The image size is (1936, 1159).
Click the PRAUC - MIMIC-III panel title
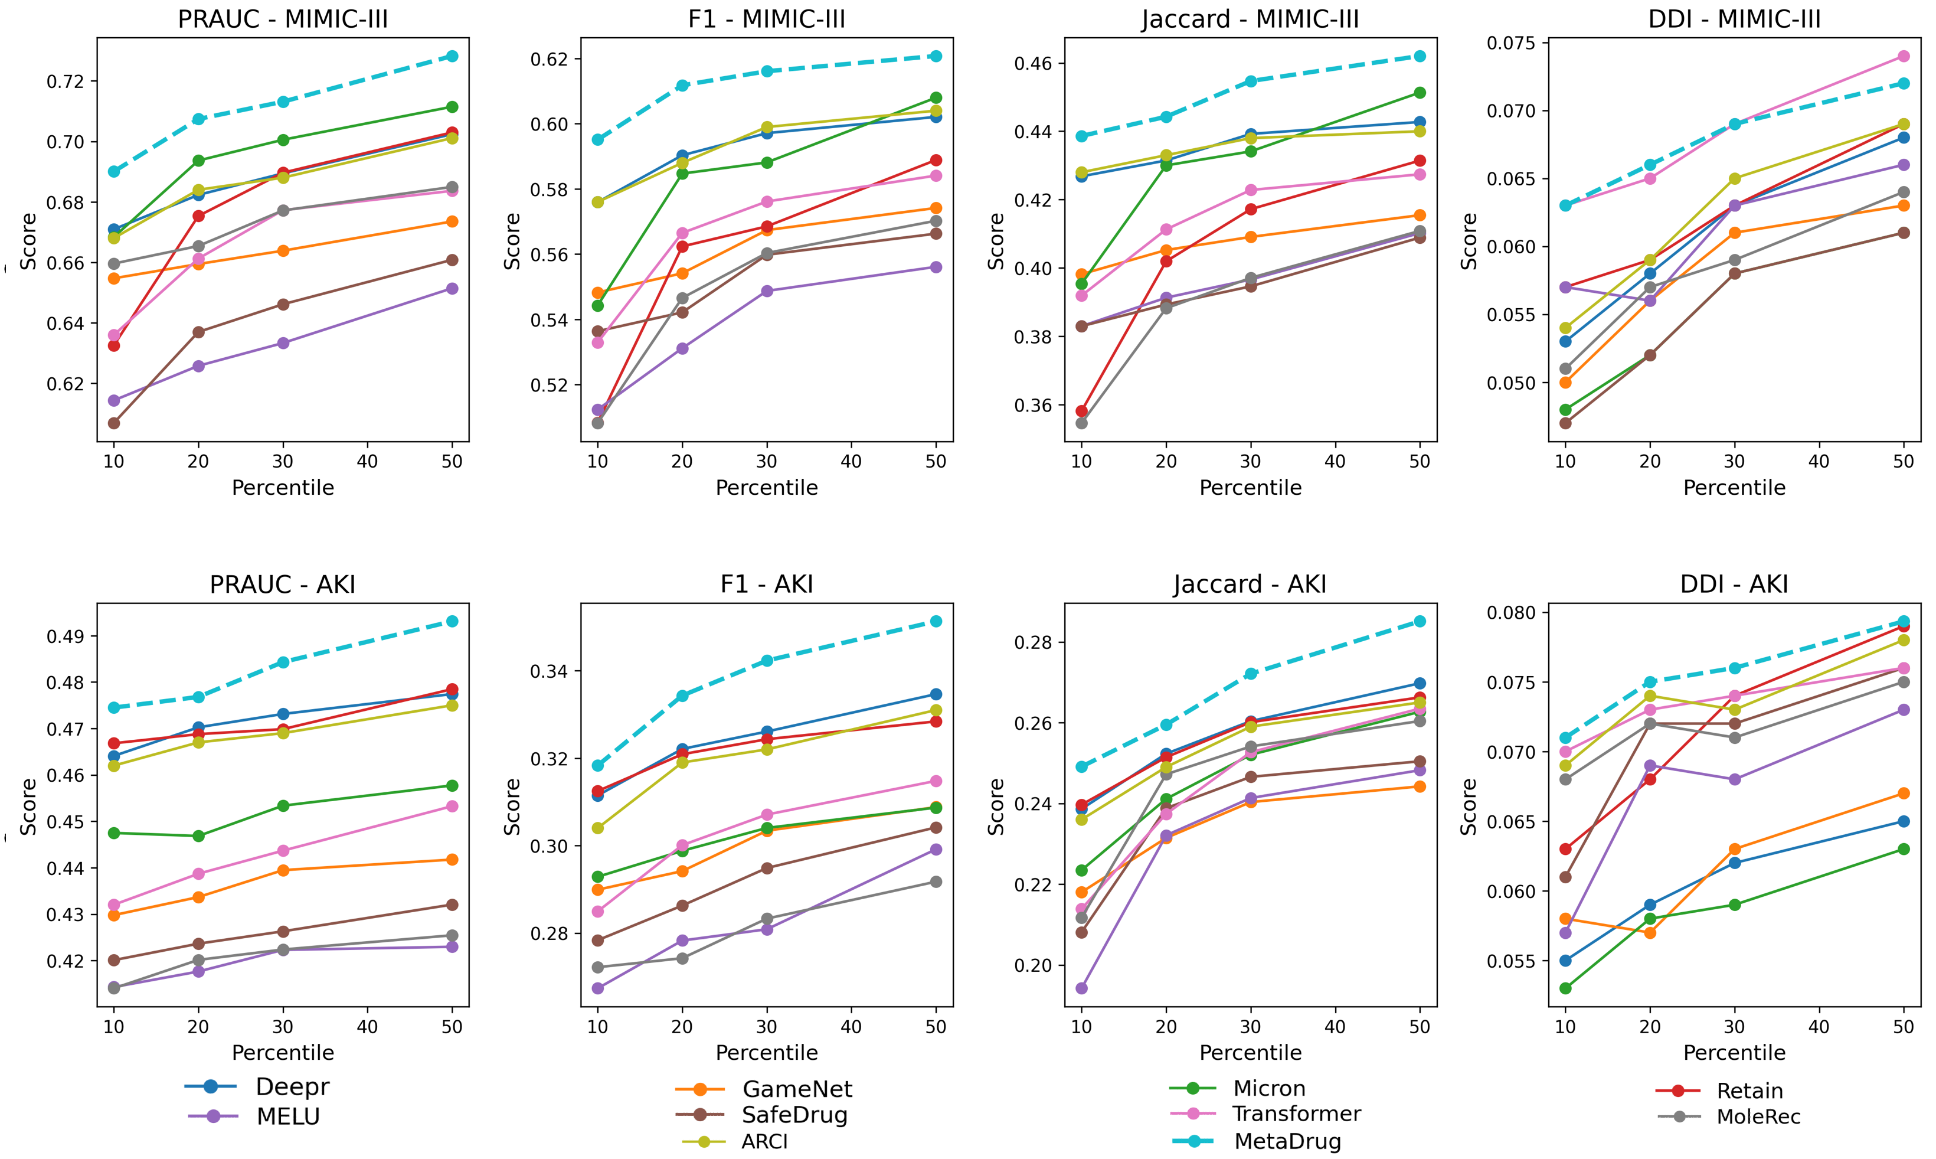(283, 19)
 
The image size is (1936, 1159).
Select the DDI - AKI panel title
(1734, 584)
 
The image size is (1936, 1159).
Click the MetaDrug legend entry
(1287, 1141)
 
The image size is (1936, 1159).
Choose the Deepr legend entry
(292, 1086)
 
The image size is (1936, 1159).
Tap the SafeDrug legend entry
(794, 1115)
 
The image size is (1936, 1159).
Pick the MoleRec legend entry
(1758, 1117)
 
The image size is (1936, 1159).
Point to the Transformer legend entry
(1296, 1114)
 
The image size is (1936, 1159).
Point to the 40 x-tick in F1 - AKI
(851, 1026)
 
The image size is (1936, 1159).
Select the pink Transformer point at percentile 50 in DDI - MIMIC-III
(1903, 56)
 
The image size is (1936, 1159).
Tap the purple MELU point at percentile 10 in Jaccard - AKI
(1081, 988)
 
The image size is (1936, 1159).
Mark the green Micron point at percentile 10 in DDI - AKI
(1565, 988)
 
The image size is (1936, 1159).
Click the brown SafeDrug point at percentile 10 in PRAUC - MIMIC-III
(114, 423)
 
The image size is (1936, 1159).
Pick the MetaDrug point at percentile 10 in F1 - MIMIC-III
(598, 140)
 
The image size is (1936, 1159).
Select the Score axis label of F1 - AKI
(512, 806)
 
